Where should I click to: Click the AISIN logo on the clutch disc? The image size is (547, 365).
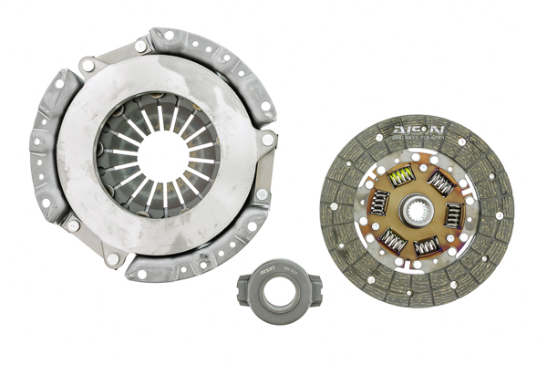click(418, 131)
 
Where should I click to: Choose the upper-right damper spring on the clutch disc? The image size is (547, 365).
click(441, 183)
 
